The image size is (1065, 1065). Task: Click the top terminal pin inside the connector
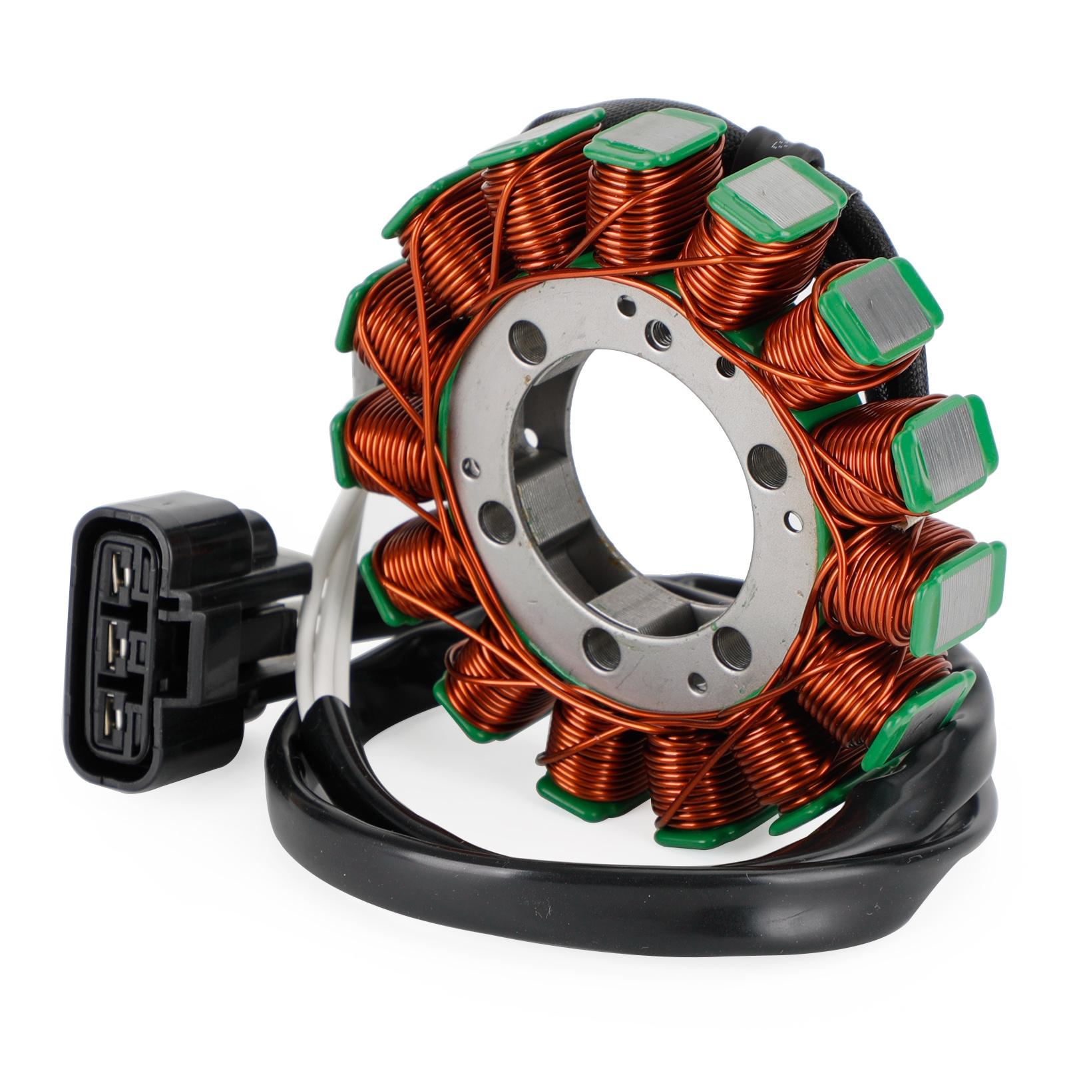pyautogui.click(x=120, y=574)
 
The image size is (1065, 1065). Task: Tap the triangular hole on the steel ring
pyautogui.click(x=472, y=467)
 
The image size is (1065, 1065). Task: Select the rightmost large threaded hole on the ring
pyautogui.click(x=767, y=466)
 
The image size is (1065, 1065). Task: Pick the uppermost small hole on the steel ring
pyautogui.click(x=626, y=306)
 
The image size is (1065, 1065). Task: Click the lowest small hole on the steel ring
pyautogui.click(x=697, y=682)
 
